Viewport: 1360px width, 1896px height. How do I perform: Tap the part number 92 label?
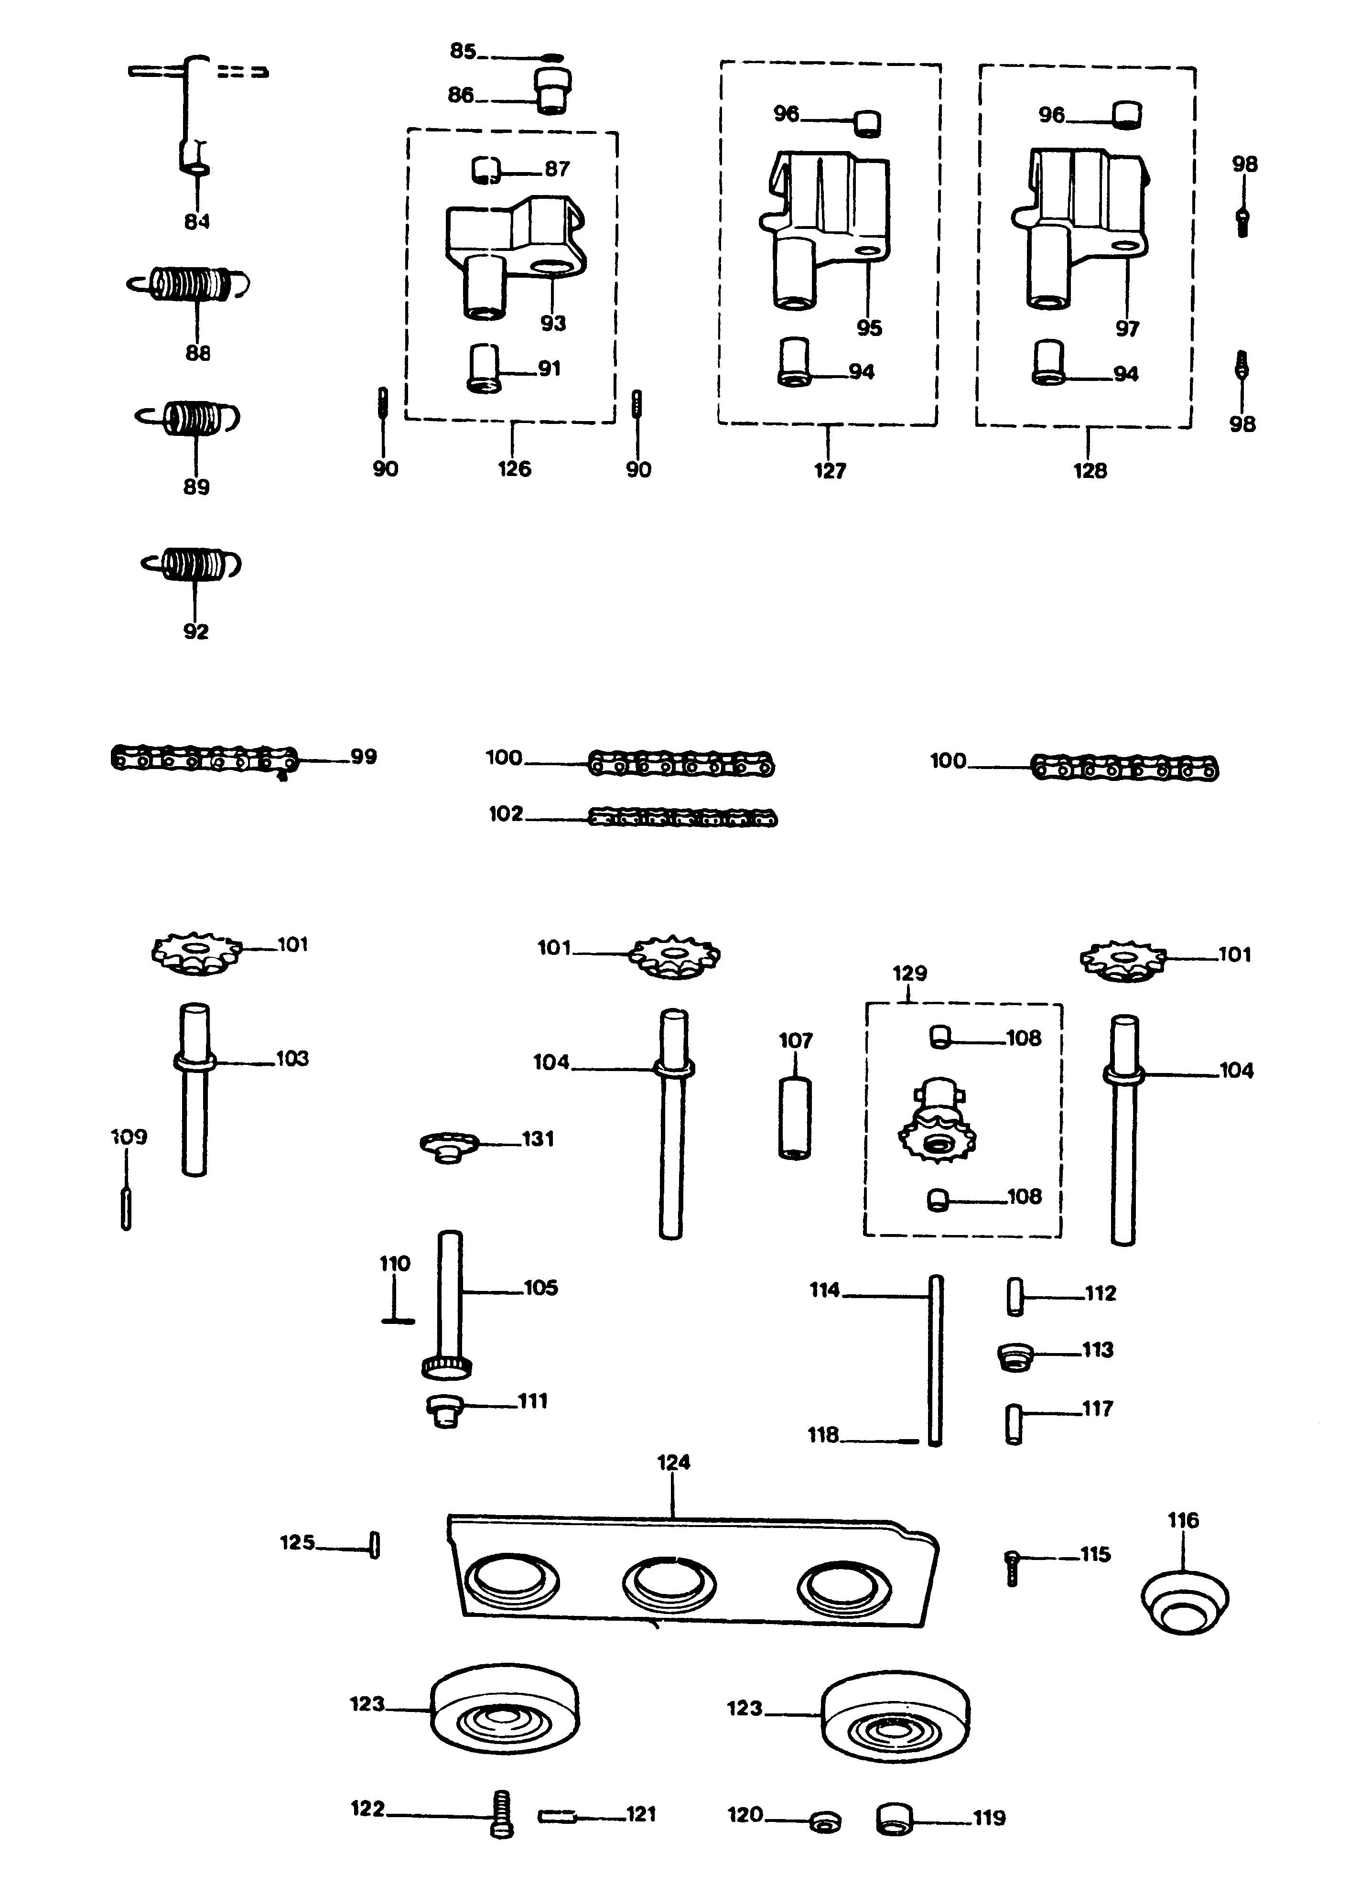195,632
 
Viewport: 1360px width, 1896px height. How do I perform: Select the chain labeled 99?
203,760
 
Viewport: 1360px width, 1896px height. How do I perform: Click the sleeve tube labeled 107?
795,1116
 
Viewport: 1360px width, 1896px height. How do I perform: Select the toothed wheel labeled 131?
449,1146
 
